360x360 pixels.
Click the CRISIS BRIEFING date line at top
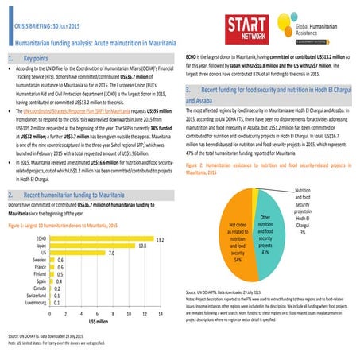click(50, 26)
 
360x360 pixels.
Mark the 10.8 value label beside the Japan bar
click(142, 246)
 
